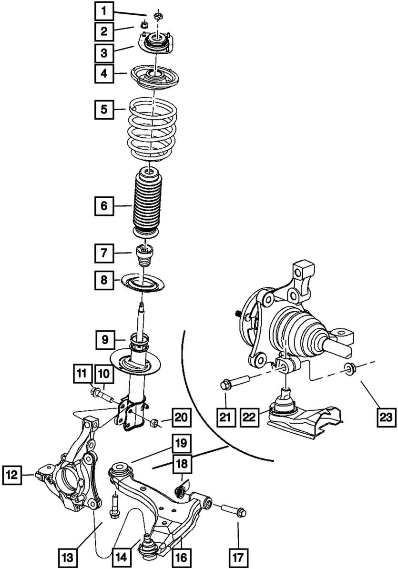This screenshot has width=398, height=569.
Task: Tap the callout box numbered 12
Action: coord(13,475)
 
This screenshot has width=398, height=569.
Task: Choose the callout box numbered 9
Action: coord(104,340)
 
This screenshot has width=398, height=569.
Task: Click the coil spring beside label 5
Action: coord(152,128)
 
